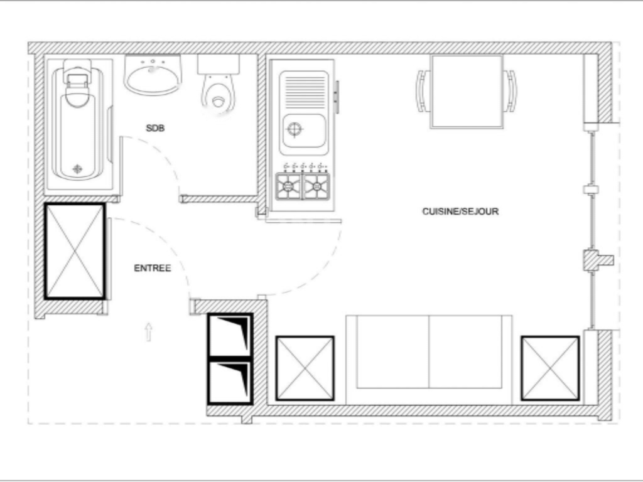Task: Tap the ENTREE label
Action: pos(152,268)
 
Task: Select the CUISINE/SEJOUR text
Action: pos(460,212)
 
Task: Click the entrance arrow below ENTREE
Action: pos(149,331)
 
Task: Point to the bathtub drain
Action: pos(77,168)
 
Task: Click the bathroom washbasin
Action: pos(153,76)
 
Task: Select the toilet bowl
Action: pos(218,95)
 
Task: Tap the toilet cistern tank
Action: pos(219,64)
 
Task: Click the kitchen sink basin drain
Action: pos(294,130)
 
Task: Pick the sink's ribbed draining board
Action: pos(304,91)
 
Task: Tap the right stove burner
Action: pos(316,186)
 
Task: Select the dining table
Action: pos(467,91)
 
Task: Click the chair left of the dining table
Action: pos(423,91)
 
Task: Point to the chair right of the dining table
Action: pos(511,91)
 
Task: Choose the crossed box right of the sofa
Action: pos(550,368)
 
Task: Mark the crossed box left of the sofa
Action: pos(305,368)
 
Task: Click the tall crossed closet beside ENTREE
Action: pos(75,251)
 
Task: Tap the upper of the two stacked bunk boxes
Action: pos(230,335)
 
